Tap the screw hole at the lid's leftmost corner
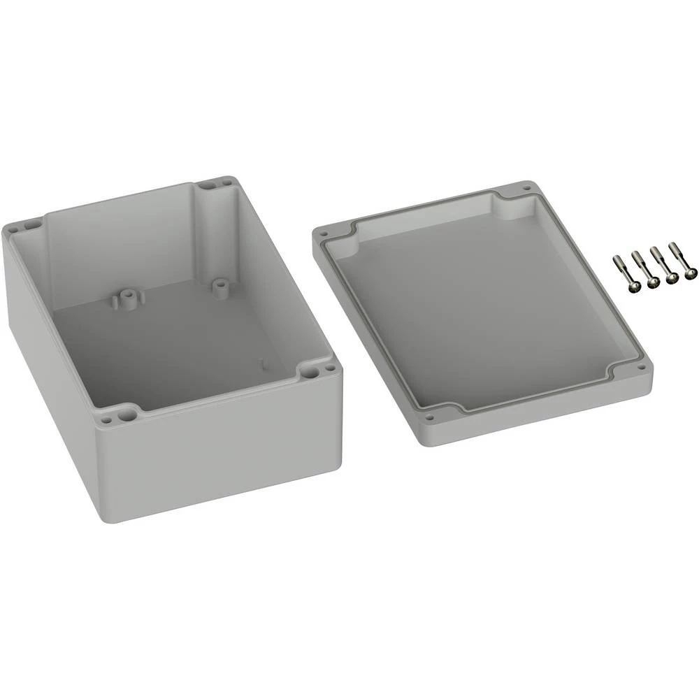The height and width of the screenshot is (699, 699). (324, 233)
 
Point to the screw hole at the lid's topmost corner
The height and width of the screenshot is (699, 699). (524, 187)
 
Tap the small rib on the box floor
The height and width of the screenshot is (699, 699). (262, 363)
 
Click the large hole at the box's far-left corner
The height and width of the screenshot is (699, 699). (31, 225)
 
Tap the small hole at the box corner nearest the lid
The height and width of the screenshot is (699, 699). (326, 364)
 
